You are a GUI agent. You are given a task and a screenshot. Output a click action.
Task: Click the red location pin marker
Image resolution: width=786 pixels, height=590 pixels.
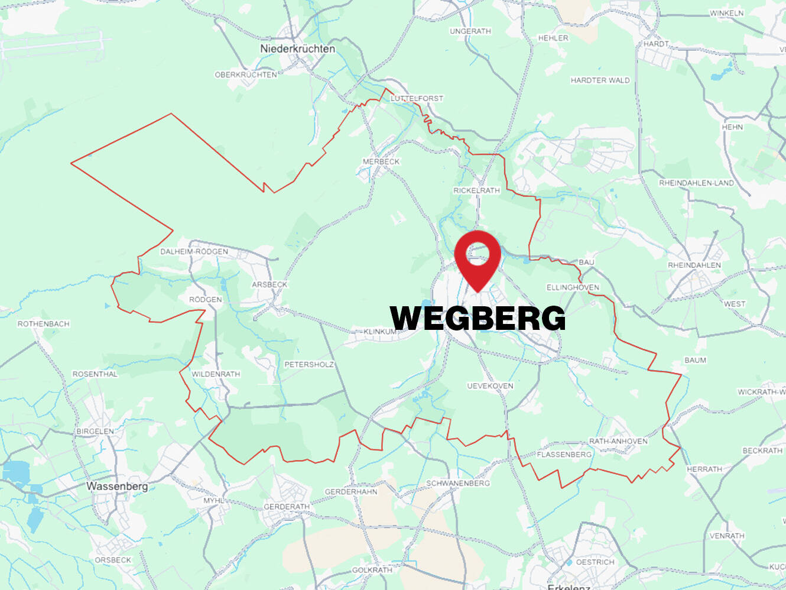478,258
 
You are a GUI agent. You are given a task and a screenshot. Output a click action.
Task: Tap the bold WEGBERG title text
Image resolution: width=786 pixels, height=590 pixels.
478,319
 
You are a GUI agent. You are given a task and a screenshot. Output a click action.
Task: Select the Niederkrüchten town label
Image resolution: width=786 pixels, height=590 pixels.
297,49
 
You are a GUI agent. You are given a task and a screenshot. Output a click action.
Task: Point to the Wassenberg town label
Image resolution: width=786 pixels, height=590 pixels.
117,487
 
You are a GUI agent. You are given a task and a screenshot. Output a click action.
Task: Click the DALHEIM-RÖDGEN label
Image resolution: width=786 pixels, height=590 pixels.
194,252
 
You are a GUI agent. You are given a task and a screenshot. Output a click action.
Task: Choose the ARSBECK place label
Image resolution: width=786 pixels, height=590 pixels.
269,284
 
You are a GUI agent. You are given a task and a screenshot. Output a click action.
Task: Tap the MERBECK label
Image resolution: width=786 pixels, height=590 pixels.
381,161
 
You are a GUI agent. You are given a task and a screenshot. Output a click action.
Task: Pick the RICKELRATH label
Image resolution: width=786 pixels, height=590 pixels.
476,190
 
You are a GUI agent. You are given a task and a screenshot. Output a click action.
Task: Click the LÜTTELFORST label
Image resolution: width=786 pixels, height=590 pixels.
417,98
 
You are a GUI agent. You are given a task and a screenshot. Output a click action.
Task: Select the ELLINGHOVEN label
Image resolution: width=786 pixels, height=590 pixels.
573,287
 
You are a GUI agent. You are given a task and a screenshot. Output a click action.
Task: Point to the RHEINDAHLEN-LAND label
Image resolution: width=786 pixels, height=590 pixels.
696,183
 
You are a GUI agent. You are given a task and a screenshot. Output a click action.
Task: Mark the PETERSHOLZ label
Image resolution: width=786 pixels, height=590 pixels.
309,365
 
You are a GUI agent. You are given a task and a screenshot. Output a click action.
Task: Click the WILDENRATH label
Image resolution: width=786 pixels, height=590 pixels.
216,374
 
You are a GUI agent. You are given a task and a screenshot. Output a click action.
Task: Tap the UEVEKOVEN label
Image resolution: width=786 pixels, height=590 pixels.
490,386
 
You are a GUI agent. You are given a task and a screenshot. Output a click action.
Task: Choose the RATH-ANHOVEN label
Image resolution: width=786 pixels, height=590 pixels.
618,441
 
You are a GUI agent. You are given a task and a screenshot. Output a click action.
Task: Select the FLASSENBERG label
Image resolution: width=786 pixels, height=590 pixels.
564,455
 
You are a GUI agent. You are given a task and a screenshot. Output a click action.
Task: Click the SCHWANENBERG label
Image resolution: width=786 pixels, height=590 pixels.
458,483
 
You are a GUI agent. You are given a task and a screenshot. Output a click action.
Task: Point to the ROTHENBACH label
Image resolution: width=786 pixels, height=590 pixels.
43,324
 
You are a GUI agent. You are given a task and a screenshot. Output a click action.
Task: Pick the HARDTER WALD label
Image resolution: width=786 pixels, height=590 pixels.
600,80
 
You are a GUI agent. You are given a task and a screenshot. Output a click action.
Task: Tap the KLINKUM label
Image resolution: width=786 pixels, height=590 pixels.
379,332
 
